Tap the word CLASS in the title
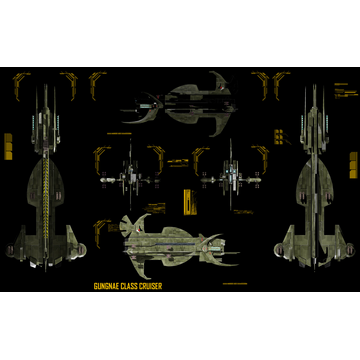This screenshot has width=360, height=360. coord(130,286)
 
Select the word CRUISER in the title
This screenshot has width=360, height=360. coord(151,286)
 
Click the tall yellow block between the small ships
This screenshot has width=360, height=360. coord(186,199)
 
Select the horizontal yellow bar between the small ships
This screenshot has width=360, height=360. coord(180,160)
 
